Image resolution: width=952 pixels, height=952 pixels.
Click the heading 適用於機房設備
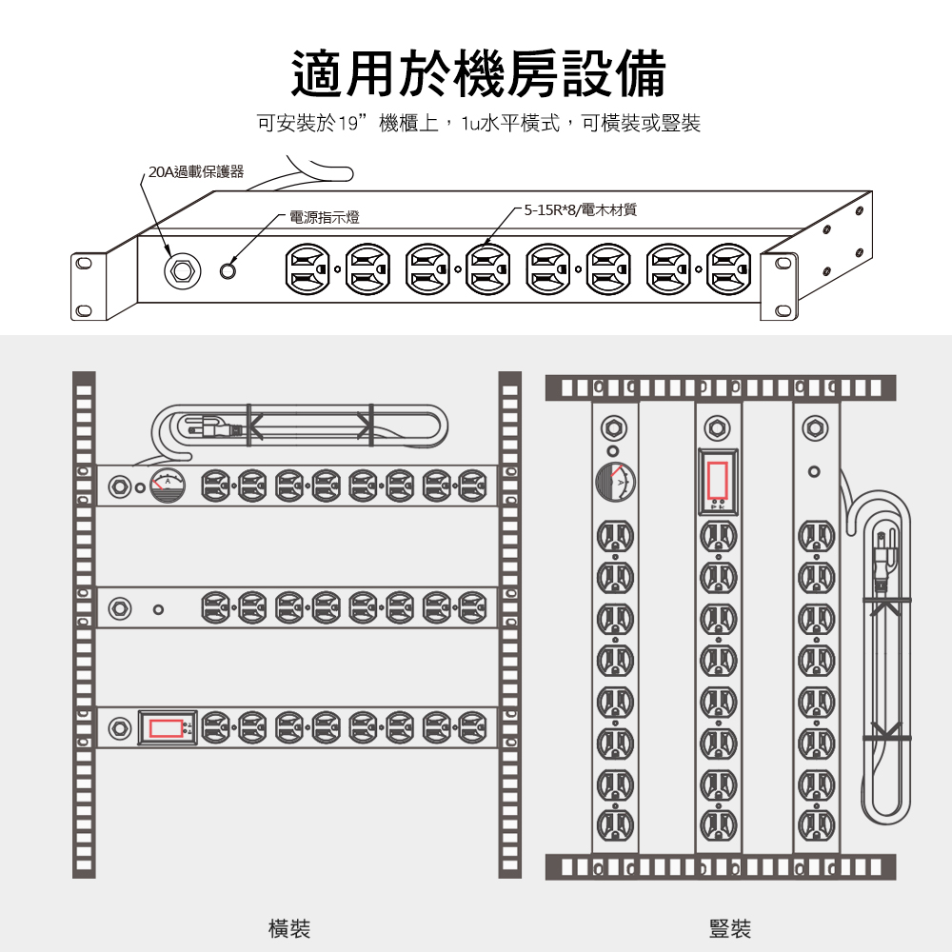[479, 74]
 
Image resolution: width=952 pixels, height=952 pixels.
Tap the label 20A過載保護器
[196, 171]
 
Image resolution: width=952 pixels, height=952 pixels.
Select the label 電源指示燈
[325, 217]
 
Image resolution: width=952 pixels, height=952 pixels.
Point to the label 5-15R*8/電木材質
[581, 210]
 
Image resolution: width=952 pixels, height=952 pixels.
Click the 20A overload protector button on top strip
[182, 269]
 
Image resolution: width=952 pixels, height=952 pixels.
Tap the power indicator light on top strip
[228, 270]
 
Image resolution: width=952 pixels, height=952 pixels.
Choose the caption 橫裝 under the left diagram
[289, 928]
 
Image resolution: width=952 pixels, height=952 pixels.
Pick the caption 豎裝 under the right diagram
[730, 928]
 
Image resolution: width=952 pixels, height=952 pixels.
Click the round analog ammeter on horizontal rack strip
[168, 486]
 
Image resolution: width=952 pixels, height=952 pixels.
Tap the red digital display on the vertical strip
[718, 480]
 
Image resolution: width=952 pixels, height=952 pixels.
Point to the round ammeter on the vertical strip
[615, 482]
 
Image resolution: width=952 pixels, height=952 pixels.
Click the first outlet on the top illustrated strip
[307, 269]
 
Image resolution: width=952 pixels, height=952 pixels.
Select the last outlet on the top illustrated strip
[729, 269]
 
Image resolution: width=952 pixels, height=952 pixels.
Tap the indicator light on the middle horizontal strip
[158, 609]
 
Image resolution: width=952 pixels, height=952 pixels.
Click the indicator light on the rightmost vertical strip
[815, 471]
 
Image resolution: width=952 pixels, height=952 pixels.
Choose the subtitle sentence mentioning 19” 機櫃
[479, 123]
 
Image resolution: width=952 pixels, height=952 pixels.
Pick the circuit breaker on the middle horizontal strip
[120, 607]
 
